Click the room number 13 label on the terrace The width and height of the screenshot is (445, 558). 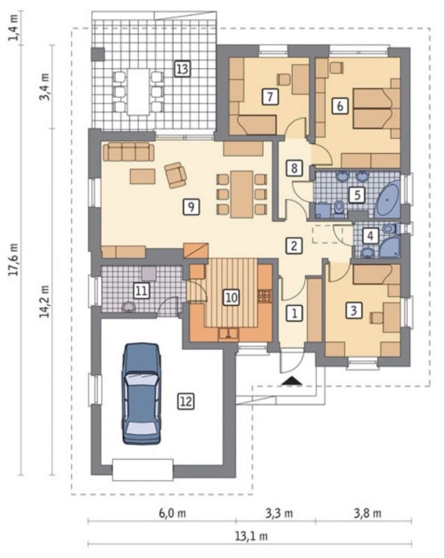pyautogui.click(x=182, y=69)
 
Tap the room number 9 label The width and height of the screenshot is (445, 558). pyautogui.click(x=191, y=206)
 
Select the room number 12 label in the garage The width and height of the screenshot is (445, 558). pyautogui.click(x=186, y=402)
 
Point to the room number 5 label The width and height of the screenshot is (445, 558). pyautogui.click(x=357, y=195)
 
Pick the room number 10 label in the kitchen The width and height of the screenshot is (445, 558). pyautogui.click(x=231, y=297)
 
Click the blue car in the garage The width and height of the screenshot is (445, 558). pyautogui.click(x=142, y=394)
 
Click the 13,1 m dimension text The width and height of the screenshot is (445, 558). pyautogui.click(x=251, y=536)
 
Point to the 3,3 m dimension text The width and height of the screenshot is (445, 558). pyautogui.click(x=279, y=513)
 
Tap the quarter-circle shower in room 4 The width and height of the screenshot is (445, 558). pyautogui.click(x=390, y=248)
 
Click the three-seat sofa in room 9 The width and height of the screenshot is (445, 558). pyautogui.click(x=128, y=152)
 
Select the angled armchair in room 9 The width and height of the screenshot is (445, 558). pyautogui.click(x=175, y=174)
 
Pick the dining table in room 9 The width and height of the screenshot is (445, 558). pyautogui.click(x=242, y=194)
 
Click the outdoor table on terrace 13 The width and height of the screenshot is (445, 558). pyautogui.click(x=138, y=92)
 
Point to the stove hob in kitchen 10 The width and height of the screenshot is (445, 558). pyautogui.click(x=265, y=296)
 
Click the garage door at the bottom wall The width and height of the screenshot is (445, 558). pyautogui.click(x=143, y=470)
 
